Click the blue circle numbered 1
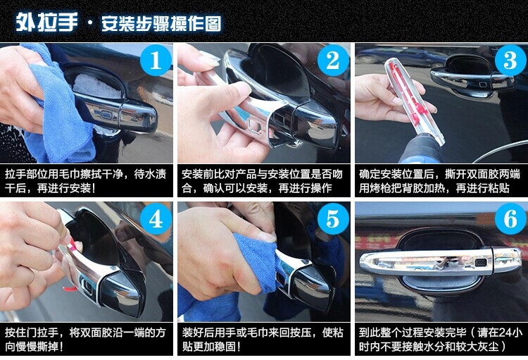point(156,61)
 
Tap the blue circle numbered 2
point(333,61)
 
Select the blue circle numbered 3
point(510,61)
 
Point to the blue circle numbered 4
point(156,219)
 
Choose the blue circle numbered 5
point(333,219)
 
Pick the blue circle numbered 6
point(510,219)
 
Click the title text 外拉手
point(46,23)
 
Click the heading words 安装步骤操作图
point(161,23)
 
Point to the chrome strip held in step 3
point(414,101)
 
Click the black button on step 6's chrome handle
point(481,262)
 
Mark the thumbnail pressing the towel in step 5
point(266,236)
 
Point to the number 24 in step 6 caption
point(505,333)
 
